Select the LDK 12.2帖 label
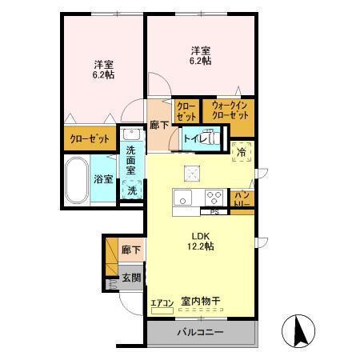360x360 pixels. pos(201,241)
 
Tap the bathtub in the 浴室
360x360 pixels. pos(78,181)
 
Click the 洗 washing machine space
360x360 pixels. pos(132,190)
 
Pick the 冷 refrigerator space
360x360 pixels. pos(241,150)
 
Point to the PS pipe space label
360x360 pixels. pos(214,212)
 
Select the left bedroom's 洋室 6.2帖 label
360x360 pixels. pos(102,69)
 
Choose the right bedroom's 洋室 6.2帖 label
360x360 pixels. pos(200,54)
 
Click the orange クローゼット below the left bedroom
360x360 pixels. pos(89,138)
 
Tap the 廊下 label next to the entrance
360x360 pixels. pos(130,250)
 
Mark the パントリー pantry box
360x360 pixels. pos(242,198)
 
